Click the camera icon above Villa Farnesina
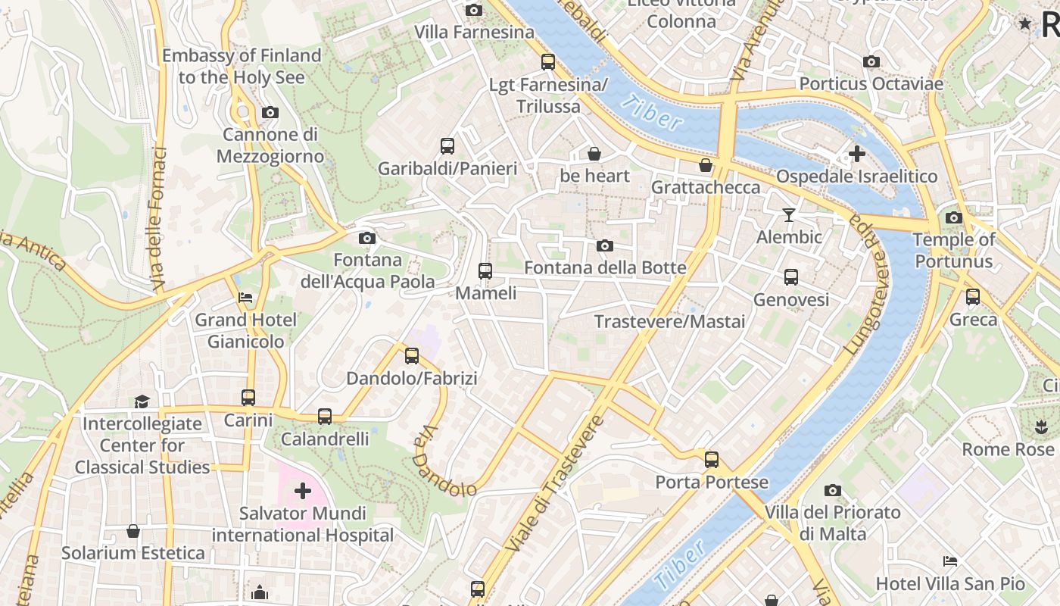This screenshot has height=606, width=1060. pos(474,10)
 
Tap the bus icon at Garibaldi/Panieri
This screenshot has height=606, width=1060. pos(447,145)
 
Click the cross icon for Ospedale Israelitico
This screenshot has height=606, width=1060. pos(856,154)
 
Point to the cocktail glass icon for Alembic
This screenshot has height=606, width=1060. pos(789,215)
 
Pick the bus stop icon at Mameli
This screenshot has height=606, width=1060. pos(485,270)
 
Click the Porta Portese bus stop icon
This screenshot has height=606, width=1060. pos(712,459)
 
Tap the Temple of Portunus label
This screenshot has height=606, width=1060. pos(953,251)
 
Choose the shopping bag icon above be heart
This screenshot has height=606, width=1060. pos(594,154)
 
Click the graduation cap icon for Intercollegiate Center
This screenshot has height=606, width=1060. pos(142,401)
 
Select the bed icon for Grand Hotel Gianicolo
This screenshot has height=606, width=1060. pos(245,297)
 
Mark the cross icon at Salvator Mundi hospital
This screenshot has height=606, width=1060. pos(303,491)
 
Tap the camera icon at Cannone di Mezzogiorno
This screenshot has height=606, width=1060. pos(270,112)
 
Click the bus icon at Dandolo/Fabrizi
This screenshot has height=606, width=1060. pos(412,355)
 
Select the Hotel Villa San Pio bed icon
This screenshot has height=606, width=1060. pos(950,561)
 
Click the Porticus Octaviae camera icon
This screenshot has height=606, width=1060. pos(871,61)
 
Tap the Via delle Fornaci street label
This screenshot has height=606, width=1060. pos(159,219)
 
